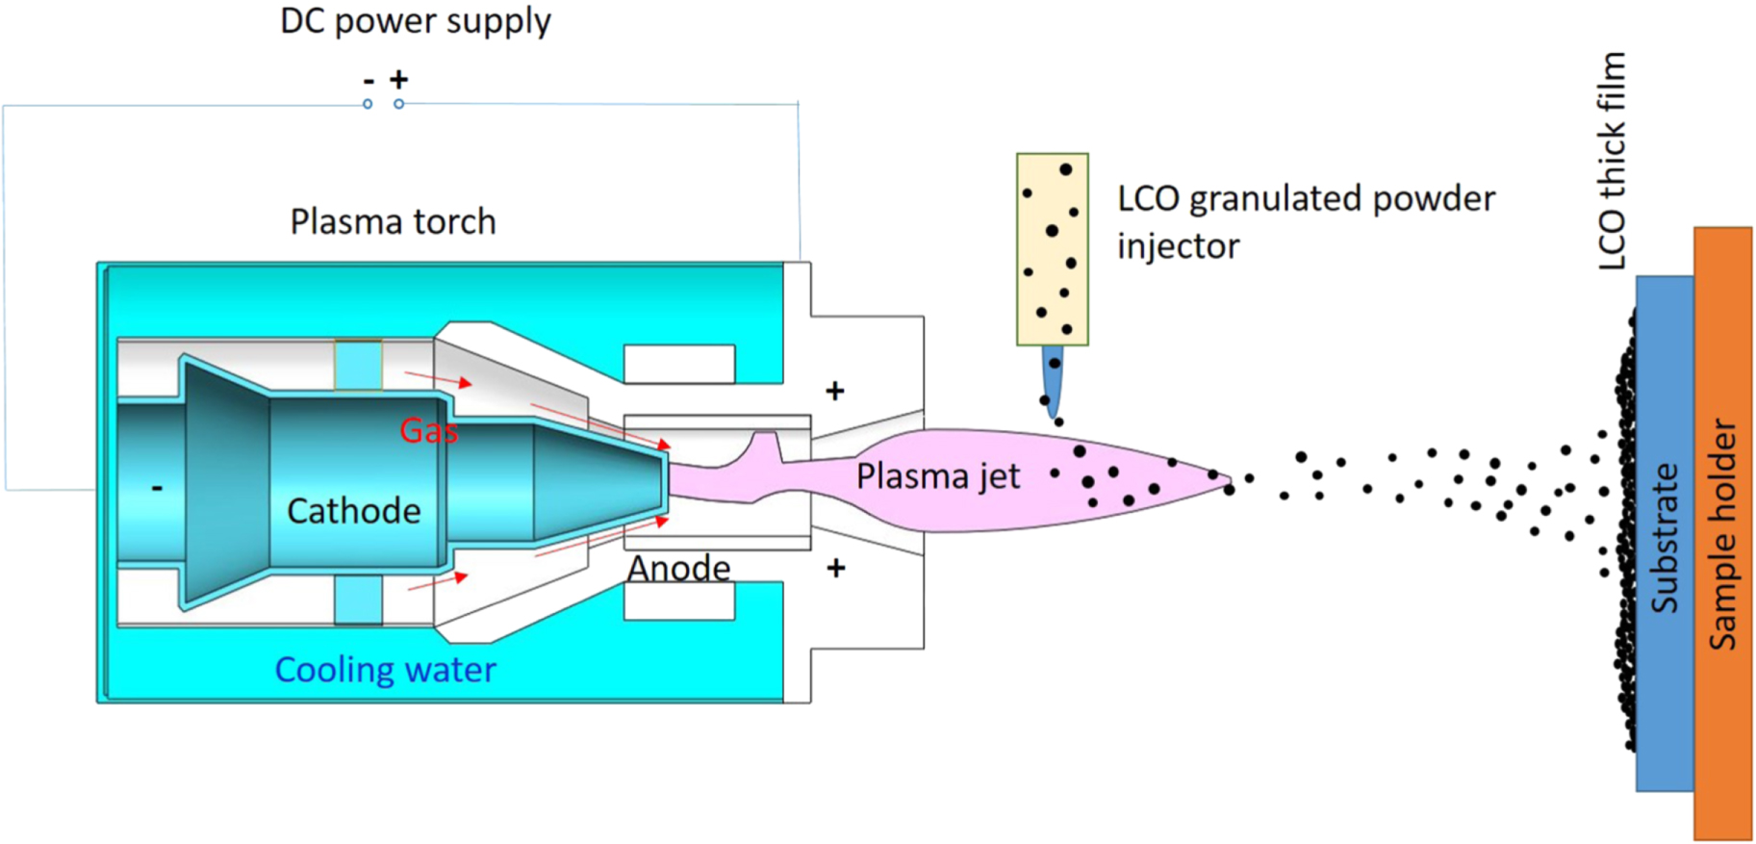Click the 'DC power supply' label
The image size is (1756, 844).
coord(415,21)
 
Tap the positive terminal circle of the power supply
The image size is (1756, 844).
coord(399,104)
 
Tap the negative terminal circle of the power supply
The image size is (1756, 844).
coord(368,104)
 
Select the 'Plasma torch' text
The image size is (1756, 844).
coord(393,222)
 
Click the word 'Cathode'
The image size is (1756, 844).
coord(353,511)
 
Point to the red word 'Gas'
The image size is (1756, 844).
coord(428,430)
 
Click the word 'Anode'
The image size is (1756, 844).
coord(678,568)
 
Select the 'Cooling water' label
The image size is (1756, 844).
coord(385,670)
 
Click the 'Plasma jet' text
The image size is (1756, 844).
coord(937,476)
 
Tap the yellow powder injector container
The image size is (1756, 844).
coord(1052,248)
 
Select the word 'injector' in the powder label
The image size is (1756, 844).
coord(1178,246)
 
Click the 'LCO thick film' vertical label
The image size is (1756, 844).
coord(1612,161)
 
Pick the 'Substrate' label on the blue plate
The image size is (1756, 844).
coord(1665,538)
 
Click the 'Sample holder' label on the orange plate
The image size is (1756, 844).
coord(1722,534)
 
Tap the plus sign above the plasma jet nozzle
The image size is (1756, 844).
coord(835,391)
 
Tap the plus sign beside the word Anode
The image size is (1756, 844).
coord(836,568)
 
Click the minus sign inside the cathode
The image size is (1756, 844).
coord(157,489)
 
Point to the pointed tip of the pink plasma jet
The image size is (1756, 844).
coord(1228,479)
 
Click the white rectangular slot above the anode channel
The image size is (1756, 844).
coord(679,365)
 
